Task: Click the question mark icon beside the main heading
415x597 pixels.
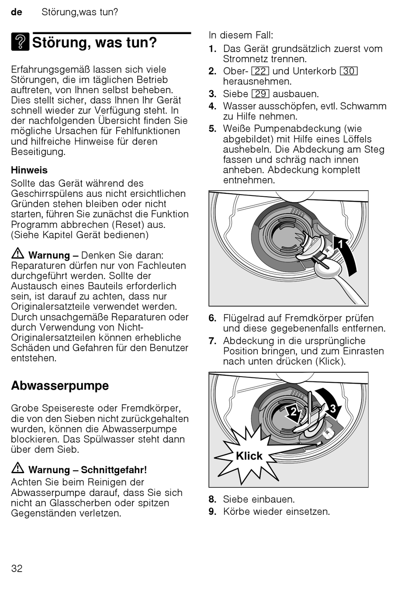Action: coord(20,42)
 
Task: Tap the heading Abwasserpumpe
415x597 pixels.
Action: coord(60,386)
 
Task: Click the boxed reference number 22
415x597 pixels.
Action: coord(260,71)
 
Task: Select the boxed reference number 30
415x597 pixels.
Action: coord(349,71)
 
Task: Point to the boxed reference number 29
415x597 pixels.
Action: coord(261,94)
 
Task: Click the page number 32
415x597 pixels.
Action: coord(17,568)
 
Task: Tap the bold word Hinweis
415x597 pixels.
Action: coord(29,170)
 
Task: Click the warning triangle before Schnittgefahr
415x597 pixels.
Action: coord(18,468)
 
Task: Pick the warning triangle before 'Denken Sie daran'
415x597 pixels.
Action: coord(18,254)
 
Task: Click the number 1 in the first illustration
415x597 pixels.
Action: coord(342,244)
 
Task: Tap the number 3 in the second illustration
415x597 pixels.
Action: coord(333,408)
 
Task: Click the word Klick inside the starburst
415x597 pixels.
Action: coord(249,456)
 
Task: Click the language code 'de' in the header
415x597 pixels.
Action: coord(17,12)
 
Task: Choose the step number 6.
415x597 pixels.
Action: coord(212,318)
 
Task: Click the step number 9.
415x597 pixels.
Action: coord(212,511)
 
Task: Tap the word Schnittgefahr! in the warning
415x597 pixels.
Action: coord(114,470)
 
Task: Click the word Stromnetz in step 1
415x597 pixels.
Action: coord(246,59)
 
